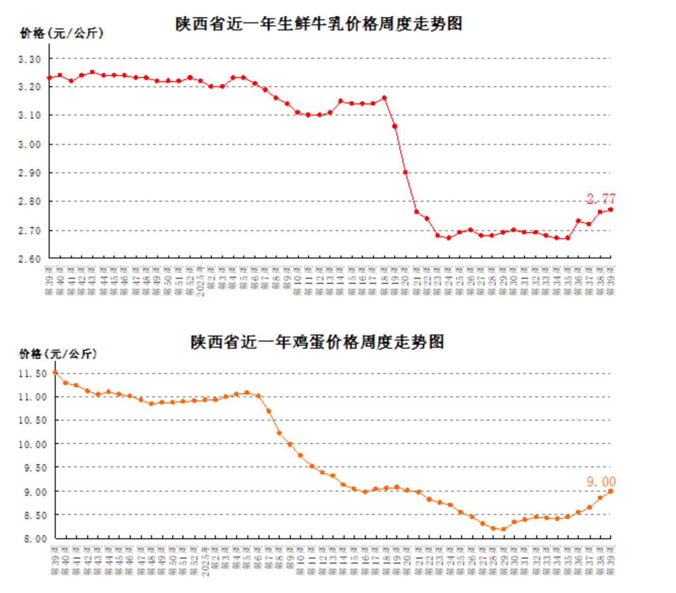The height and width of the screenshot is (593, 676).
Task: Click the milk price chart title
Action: coord(319,24)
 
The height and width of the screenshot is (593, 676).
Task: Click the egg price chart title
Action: coord(317,342)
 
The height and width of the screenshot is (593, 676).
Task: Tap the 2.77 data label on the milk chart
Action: coord(601,199)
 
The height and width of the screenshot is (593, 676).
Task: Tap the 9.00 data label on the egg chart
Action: coord(601,481)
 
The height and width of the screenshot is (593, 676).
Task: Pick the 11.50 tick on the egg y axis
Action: coord(32,374)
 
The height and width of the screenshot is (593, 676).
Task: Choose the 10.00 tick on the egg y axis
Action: coord(32,444)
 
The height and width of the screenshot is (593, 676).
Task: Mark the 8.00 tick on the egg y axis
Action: coord(34,539)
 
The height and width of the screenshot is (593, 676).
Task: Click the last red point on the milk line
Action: coord(611,209)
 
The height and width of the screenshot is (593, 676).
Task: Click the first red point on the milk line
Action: coord(49,78)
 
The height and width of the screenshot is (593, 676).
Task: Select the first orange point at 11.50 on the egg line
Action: coord(55,373)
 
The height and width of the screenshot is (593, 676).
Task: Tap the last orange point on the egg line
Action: coord(611,491)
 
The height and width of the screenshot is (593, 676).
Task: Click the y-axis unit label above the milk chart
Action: coord(61,33)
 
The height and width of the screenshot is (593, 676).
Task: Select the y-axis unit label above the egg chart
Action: coord(58,354)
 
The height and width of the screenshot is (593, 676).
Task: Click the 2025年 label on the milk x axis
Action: coord(201,280)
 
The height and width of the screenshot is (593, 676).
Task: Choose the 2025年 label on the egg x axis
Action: coord(205,561)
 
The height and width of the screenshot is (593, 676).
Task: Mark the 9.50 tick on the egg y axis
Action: coord(34,468)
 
